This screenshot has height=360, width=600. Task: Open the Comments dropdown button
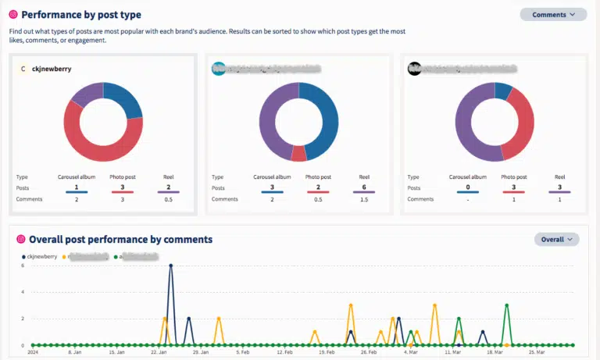[x=553, y=14]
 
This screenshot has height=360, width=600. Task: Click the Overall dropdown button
[x=556, y=239]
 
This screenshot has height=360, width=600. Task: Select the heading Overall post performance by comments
[x=120, y=239]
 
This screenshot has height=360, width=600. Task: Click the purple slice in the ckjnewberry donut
[x=85, y=94]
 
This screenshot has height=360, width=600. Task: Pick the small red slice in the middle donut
[x=298, y=153]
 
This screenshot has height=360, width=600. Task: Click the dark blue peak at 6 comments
[x=170, y=266]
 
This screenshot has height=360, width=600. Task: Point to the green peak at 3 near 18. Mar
[x=507, y=305]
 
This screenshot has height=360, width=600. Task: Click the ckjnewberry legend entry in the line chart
[x=41, y=255]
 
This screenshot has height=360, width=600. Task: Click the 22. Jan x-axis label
[x=159, y=352]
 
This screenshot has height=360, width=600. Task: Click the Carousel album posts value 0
[x=468, y=187]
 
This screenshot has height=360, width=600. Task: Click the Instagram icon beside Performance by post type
[x=12, y=15]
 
